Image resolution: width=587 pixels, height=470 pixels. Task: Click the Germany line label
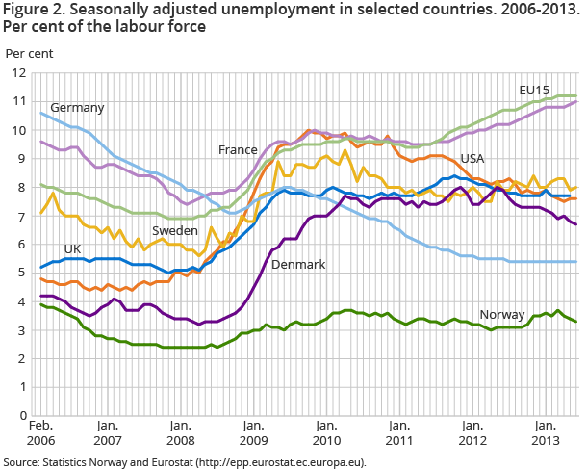77,107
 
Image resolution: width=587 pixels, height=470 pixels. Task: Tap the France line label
239,150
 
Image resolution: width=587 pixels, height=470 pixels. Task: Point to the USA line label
472,158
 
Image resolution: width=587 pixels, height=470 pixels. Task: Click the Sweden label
174,232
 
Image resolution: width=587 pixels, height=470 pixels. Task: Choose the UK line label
72,248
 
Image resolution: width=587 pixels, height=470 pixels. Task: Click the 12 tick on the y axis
17,72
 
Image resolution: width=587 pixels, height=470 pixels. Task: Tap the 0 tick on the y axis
21,416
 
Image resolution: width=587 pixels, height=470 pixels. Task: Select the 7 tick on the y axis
21,216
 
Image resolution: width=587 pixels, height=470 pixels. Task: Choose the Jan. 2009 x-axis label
253,432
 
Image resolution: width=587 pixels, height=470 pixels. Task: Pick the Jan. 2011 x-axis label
398,432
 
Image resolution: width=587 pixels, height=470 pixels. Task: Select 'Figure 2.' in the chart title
31,11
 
